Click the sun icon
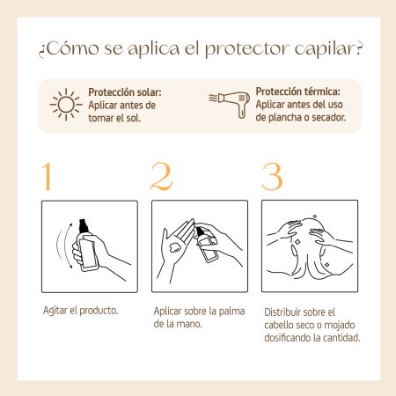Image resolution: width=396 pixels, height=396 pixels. [x=66, y=105]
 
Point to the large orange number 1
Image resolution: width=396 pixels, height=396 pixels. [x=48, y=176]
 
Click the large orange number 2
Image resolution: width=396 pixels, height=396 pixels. [x=161, y=176]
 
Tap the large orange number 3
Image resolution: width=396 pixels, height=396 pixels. [x=272, y=176]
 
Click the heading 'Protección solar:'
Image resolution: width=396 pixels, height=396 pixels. [x=125, y=92]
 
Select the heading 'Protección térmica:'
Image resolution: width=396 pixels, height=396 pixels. [x=297, y=92]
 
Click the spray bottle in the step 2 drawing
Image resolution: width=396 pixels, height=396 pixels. [x=206, y=245]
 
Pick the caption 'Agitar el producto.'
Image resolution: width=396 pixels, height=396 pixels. [x=81, y=311]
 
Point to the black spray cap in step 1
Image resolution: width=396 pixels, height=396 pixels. [x=83, y=226]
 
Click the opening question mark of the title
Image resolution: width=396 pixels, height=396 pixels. [x=41, y=52]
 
